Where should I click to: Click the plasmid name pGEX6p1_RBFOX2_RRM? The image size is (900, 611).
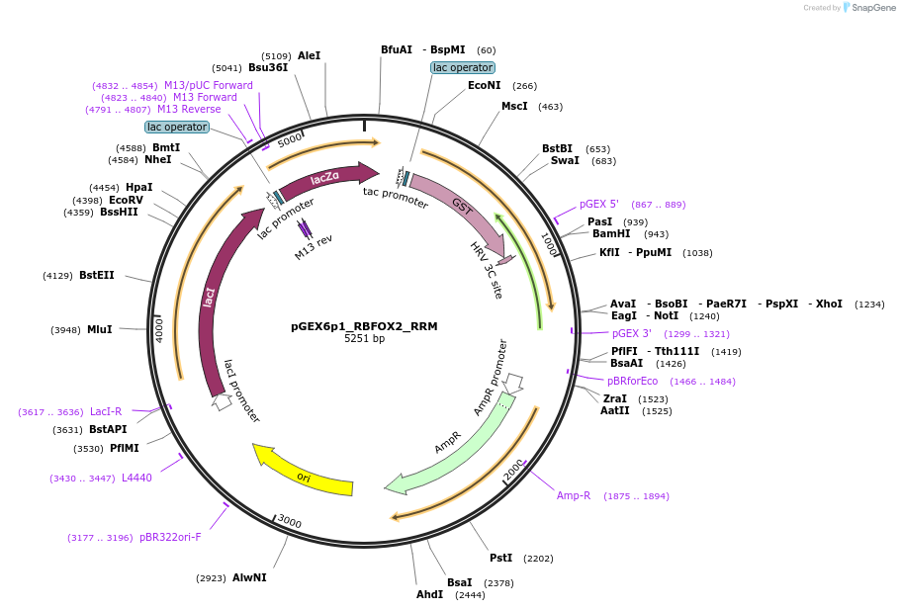click(364, 326)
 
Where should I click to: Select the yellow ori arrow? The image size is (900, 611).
click(304, 475)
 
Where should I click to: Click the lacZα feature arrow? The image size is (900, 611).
click(326, 178)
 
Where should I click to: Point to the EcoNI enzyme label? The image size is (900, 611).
click(485, 86)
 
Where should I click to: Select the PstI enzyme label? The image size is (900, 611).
click(500, 559)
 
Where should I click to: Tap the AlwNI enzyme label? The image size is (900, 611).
click(249, 577)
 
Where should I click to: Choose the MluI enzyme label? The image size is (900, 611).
click(100, 329)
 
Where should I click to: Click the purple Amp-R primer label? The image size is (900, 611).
click(574, 495)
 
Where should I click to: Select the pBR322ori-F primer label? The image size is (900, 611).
click(170, 538)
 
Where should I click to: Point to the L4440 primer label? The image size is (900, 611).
click(136, 478)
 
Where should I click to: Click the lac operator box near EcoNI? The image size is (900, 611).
click(463, 67)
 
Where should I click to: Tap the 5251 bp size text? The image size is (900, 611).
click(364, 339)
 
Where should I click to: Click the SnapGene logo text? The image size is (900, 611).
click(873, 8)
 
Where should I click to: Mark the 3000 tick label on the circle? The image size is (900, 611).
click(289, 521)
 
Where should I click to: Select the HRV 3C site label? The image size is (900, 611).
click(486, 269)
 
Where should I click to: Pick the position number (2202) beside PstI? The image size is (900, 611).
click(539, 559)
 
